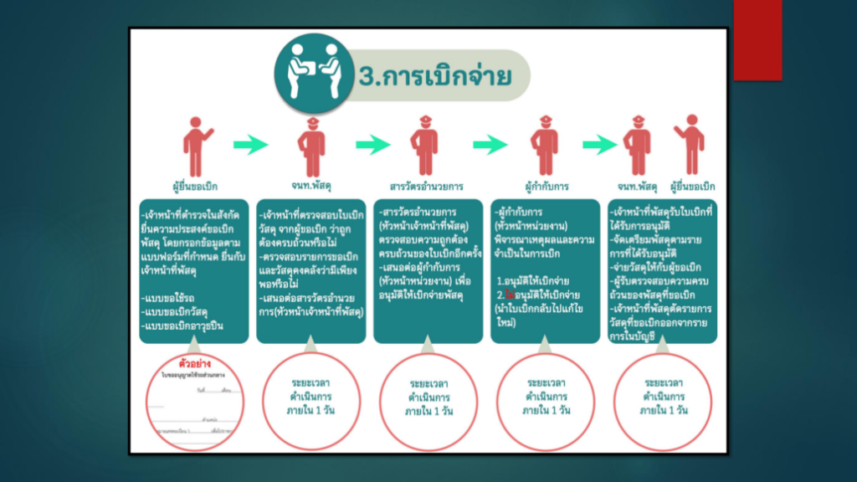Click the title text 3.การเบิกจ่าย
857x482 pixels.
pyautogui.click(x=434, y=77)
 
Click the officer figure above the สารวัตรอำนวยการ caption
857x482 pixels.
pyautogui.click(x=425, y=146)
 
